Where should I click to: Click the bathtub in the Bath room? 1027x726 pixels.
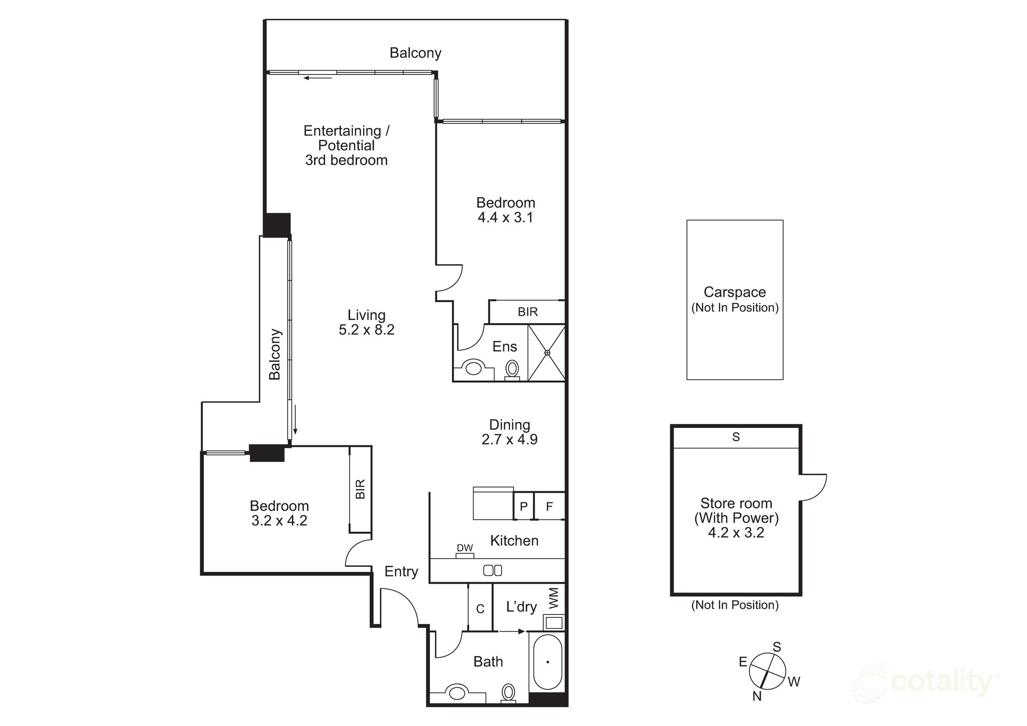coord(547,662)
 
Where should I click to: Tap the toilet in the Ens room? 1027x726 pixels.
coord(512,369)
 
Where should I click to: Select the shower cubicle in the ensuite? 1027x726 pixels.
coord(547,352)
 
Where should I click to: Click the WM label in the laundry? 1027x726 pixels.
coord(554,599)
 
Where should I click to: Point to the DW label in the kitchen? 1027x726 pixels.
coord(465,548)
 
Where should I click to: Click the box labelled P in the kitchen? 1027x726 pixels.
coord(523,507)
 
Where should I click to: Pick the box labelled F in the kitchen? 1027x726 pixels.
coord(549,507)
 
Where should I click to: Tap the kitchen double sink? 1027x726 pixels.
coord(492,570)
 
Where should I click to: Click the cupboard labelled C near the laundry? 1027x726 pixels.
coord(480,609)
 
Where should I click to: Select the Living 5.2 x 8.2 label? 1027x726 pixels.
coord(366,322)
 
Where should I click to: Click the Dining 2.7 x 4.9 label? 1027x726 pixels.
coord(509,432)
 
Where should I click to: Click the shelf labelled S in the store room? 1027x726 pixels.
coord(736,437)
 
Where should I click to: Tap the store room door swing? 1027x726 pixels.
coord(813,487)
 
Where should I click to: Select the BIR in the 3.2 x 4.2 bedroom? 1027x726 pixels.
coord(360,489)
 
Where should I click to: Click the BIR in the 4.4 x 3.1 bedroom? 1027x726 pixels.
coord(527,312)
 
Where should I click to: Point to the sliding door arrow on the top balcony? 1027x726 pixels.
coord(317,78)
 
